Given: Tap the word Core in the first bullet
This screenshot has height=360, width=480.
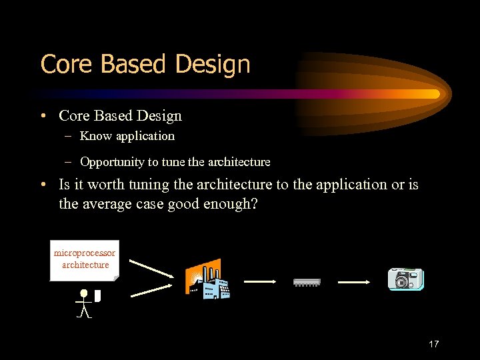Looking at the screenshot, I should coord(73,116).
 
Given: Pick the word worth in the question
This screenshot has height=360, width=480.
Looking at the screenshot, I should coord(107,184).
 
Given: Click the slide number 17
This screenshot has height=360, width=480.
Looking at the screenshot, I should coord(433,344).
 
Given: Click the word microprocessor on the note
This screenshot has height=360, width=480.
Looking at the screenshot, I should coord(85,253).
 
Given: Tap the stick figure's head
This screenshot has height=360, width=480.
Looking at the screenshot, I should coord(83,293).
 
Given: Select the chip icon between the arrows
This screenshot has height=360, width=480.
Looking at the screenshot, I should coord(307,282).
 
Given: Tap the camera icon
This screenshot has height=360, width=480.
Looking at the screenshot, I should coord(405,279).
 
